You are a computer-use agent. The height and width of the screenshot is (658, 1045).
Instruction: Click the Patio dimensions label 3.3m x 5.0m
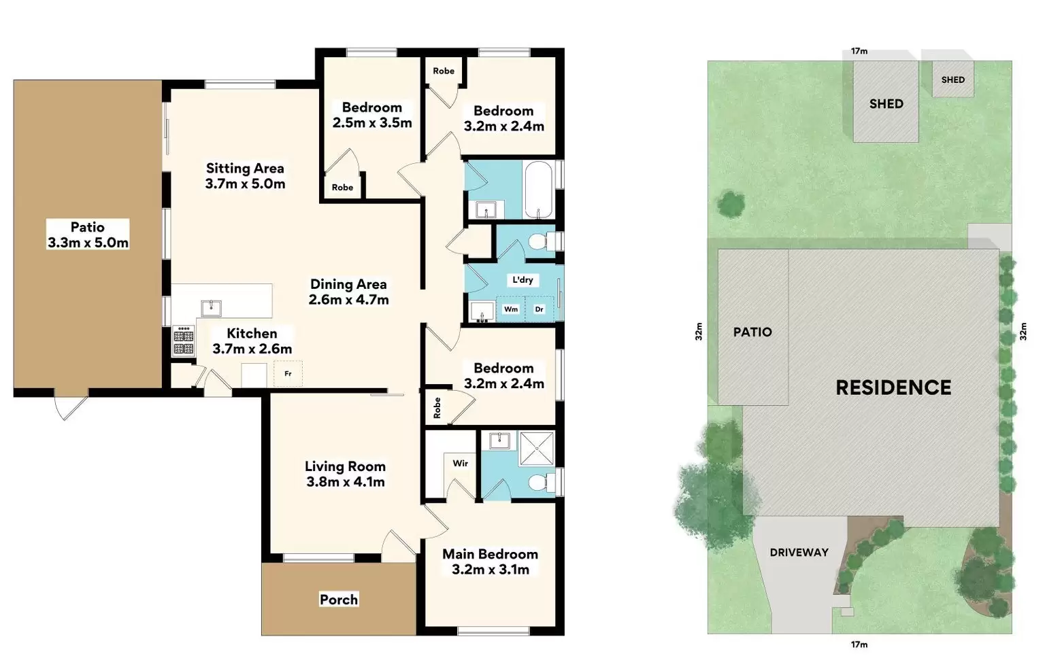point(88,243)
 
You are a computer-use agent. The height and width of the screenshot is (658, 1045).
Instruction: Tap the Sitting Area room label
point(245,168)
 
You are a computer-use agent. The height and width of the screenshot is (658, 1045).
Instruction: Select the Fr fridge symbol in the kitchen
point(288,374)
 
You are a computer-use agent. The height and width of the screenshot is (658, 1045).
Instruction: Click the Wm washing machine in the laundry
point(510,309)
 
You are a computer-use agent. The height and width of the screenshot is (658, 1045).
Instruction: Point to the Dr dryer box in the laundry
point(539,309)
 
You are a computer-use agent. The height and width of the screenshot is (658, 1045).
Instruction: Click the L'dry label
point(522,280)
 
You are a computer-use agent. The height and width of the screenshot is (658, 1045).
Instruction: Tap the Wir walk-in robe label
point(461,464)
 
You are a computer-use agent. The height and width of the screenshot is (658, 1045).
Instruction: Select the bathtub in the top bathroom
point(539,190)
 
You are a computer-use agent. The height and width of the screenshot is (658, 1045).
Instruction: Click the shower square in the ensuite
point(537,449)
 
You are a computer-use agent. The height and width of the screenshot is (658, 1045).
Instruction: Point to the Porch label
point(339,600)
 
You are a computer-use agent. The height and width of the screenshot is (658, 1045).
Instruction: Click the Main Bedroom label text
point(490,554)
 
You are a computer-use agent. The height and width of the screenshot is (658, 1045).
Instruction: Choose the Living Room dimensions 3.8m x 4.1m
point(346,482)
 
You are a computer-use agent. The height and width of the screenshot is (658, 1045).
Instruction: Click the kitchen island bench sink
point(211,308)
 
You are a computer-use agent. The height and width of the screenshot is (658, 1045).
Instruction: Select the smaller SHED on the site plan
point(952,80)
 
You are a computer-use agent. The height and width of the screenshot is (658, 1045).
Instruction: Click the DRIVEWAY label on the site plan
point(799,553)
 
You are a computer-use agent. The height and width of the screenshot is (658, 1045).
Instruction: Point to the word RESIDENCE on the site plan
point(893,387)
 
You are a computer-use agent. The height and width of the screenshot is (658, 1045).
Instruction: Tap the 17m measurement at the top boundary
point(859,51)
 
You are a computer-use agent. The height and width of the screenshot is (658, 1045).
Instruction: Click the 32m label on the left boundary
point(699,332)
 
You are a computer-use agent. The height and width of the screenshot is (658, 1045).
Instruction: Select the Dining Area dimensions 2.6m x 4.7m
point(349,300)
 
